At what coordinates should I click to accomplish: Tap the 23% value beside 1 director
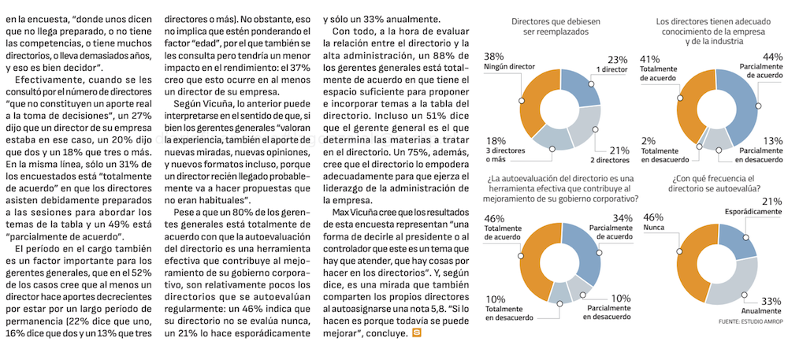(617, 59)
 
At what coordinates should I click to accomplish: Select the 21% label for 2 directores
(618, 149)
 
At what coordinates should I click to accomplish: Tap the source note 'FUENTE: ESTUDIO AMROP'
(750, 322)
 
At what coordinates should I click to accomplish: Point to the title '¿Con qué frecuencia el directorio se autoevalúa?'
(716, 184)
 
